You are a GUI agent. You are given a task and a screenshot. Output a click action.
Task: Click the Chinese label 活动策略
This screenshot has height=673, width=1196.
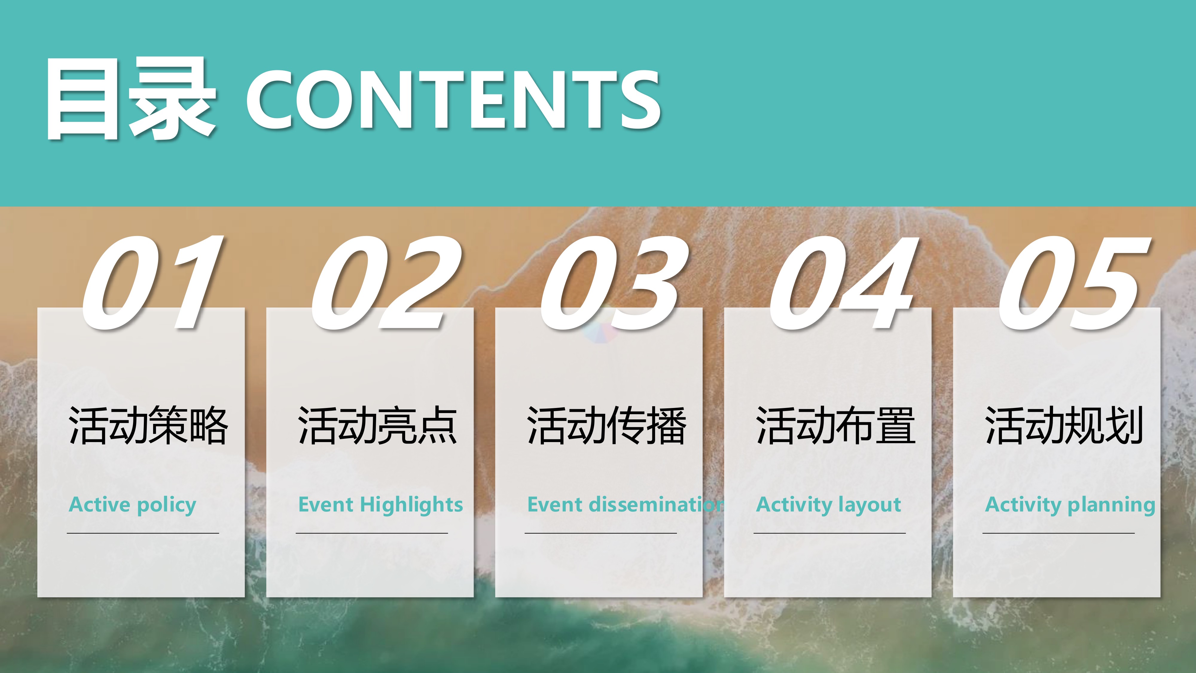click(148, 425)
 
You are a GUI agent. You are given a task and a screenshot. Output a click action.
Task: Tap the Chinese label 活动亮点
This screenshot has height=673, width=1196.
click(377, 425)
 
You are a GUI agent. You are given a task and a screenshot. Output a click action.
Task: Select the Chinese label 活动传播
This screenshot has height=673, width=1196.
click(606, 425)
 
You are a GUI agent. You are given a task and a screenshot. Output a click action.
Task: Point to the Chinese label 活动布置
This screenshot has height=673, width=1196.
click(835, 425)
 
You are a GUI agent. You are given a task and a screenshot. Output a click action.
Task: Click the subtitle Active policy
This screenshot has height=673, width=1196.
click(132, 505)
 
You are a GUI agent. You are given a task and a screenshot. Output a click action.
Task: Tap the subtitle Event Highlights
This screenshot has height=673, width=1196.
click(380, 505)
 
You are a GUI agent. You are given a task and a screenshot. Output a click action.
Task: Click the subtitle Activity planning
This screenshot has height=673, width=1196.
click(1070, 505)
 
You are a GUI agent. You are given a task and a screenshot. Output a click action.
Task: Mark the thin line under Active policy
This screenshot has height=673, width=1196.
click(143, 533)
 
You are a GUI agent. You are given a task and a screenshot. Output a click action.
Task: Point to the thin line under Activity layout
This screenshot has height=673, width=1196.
click(830, 533)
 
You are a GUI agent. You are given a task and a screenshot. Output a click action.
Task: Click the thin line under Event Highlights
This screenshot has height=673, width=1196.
click(372, 533)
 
